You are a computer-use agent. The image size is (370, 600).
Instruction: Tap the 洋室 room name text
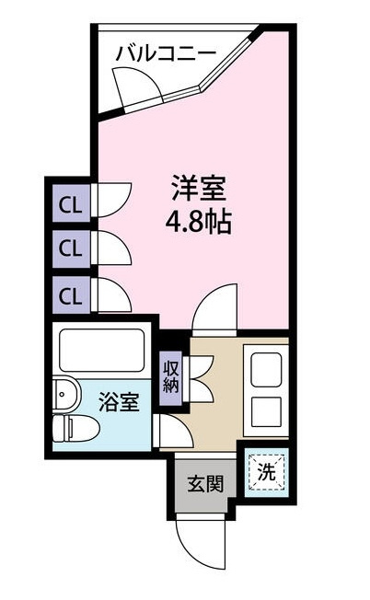point(199,188)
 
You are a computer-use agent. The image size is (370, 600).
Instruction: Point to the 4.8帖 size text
point(199,222)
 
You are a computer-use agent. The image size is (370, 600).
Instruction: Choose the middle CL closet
point(71,248)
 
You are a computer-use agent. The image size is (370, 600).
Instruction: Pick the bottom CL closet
point(71,295)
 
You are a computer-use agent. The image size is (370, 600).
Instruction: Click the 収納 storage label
point(170,378)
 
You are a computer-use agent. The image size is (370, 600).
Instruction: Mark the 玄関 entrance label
point(205,484)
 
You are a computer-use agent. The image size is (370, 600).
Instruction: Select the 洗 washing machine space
point(266,472)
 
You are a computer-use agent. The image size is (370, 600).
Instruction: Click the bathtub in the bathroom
point(102,350)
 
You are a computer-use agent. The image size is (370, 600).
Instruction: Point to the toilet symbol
point(76,428)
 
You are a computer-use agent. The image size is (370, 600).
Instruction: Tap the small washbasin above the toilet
point(66,395)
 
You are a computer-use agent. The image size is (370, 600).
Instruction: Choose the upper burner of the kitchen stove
point(266,369)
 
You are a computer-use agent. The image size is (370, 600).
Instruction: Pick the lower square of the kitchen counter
point(266,411)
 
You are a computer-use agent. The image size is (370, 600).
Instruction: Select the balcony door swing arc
point(138,87)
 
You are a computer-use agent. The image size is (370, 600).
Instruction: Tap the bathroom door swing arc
point(173,431)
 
